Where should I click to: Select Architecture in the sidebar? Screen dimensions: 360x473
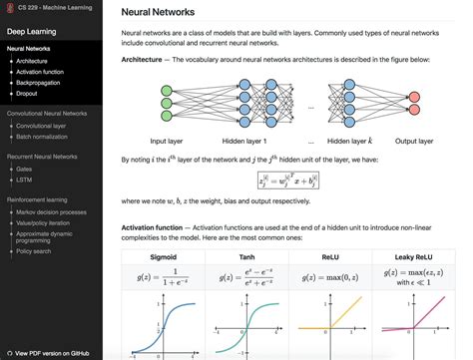click(31, 60)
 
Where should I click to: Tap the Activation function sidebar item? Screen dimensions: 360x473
click(41, 72)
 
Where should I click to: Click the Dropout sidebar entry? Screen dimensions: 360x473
click(27, 95)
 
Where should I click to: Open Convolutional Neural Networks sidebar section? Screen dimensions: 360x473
click(49, 115)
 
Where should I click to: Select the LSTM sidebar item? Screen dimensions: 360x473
click(24, 180)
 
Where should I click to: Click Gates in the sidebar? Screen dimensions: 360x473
click(25, 169)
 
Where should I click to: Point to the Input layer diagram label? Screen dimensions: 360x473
click(172, 141)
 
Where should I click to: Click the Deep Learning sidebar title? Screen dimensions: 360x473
click(31, 31)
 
